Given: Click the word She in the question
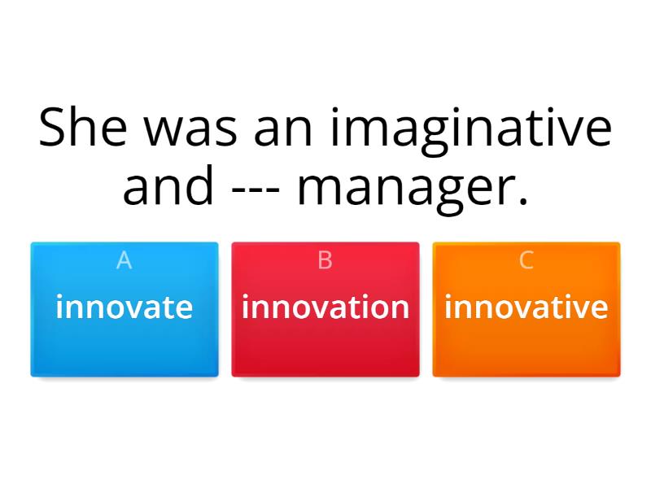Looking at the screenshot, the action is [x=83, y=127].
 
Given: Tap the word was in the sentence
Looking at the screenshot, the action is [x=190, y=132].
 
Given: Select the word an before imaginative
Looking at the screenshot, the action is [x=282, y=132].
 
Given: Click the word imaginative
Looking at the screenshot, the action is [x=471, y=132].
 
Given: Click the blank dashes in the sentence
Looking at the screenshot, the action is [x=256, y=192].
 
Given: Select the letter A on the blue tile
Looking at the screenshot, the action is [x=125, y=260].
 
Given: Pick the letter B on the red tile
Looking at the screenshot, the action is [x=325, y=260].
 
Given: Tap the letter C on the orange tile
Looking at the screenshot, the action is [x=526, y=260].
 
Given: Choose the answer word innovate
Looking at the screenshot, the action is [x=125, y=307].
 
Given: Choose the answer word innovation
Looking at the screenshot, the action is [x=325, y=307].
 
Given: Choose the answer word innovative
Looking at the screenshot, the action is [x=526, y=307].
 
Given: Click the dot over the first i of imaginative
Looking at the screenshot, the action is [x=334, y=111].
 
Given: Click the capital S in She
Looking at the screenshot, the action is [x=52, y=127].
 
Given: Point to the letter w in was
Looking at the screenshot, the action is [x=164, y=132].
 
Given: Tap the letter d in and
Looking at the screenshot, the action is [x=199, y=185].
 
